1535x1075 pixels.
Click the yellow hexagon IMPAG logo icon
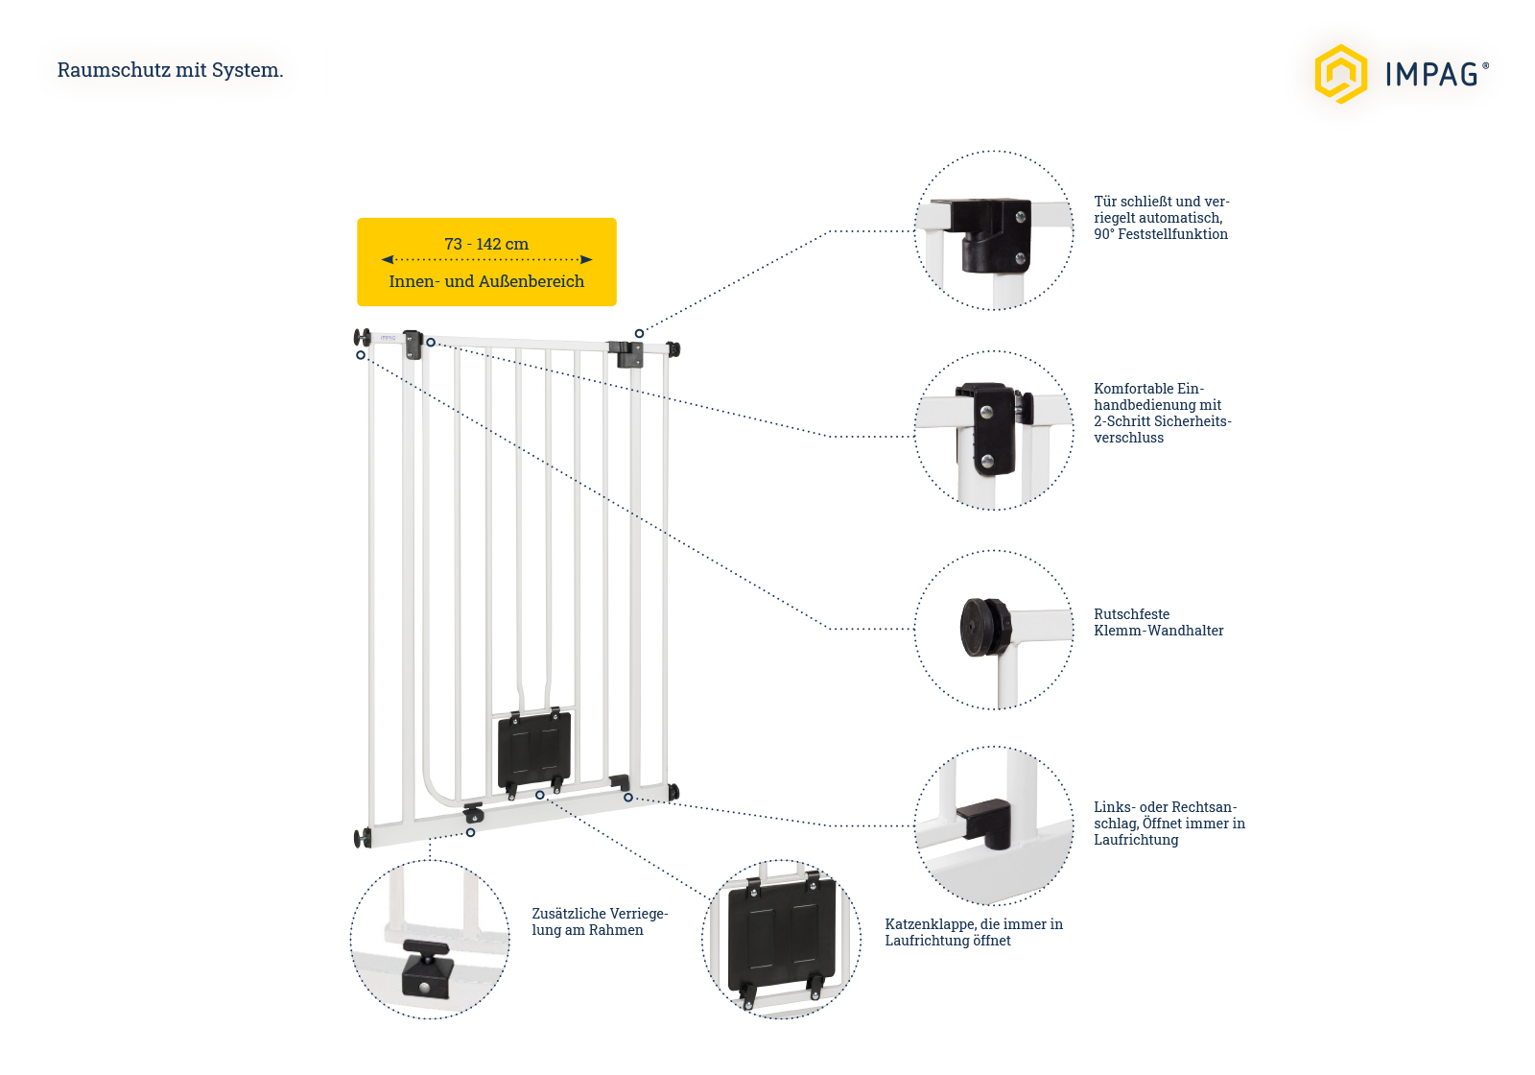[x=1340, y=74]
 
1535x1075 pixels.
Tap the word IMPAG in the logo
[x=1431, y=75]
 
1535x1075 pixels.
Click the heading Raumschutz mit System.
[x=170, y=70]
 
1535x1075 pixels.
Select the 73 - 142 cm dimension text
[x=486, y=244]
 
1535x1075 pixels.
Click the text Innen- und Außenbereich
[x=486, y=281]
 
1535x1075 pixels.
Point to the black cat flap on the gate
[x=534, y=748]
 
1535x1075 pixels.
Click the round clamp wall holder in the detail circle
[x=984, y=628]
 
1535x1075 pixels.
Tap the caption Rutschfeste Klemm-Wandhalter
[x=1158, y=622]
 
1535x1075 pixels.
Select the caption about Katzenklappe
[x=973, y=932]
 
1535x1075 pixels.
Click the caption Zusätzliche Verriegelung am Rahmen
[x=599, y=921]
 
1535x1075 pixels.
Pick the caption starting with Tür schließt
[x=1161, y=218]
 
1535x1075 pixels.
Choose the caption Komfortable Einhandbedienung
[x=1162, y=413]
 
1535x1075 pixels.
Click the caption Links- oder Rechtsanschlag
[x=1169, y=824]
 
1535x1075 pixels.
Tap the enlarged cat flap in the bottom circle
[x=781, y=936]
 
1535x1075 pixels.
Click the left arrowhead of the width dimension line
[x=387, y=259]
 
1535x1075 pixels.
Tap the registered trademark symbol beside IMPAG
[x=1486, y=66]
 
